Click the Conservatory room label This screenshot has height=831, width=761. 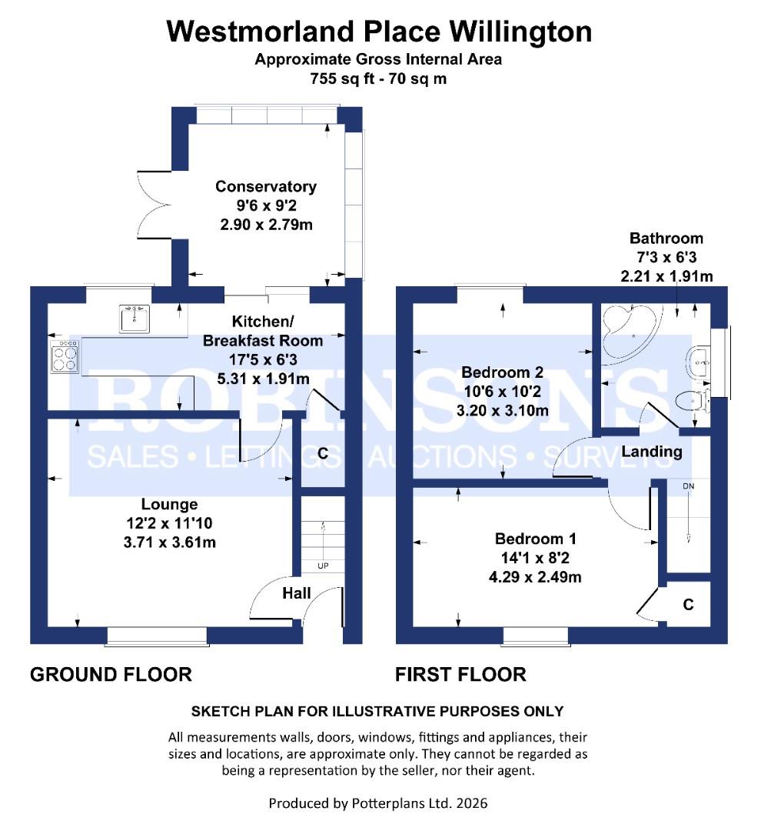click(265, 187)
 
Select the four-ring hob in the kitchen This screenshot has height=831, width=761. click(64, 357)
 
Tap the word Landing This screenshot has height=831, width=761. click(651, 452)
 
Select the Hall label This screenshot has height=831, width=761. click(297, 593)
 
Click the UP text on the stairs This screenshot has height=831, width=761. click(322, 566)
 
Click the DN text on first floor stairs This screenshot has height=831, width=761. click(688, 486)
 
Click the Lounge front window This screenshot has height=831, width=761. click(157, 635)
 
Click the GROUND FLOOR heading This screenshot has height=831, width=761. click(111, 675)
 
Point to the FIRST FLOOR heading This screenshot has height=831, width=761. click(460, 675)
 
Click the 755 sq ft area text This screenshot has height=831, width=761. click(378, 78)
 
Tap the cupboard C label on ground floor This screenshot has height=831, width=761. click(323, 455)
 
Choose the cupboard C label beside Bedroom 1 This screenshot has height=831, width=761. click(688, 606)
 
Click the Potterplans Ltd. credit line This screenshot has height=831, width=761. click(378, 803)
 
